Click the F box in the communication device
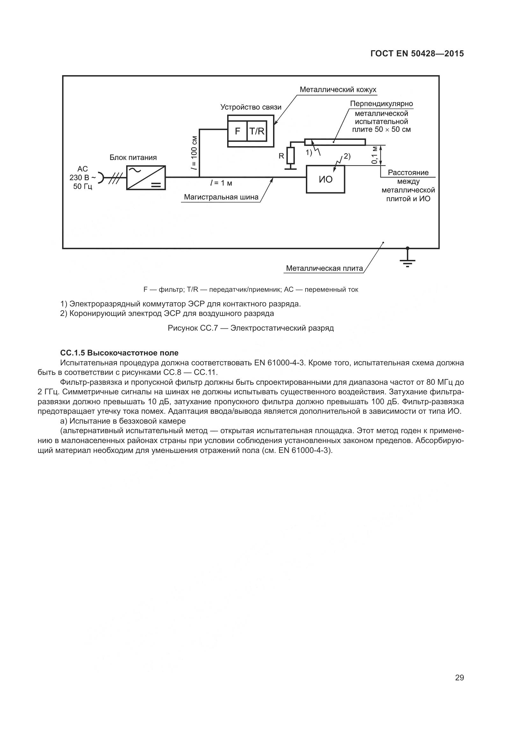pyautogui.click(x=237, y=131)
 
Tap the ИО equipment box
pyautogui.click(x=326, y=179)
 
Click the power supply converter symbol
pyautogui.click(x=146, y=177)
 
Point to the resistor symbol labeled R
pyautogui.click(x=291, y=156)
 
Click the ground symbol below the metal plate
pyautogui.click(x=408, y=261)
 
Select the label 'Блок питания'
pyautogui.click(x=133, y=158)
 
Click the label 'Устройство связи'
pyautogui.click(x=251, y=107)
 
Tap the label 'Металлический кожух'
pyautogui.click(x=338, y=90)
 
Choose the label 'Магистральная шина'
pyautogui.click(x=221, y=197)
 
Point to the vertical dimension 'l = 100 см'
pyautogui.click(x=194, y=153)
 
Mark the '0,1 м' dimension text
pyautogui.click(x=375, y=155)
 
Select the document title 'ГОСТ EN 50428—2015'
pyautogui.click(x=417, y=54)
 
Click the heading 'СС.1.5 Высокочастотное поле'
pyautogui.click(x=119, y=353)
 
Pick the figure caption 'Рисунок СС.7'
pyautogui.click(x=250, y=328)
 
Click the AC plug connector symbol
pyautogui.click(x=101, y=177)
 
